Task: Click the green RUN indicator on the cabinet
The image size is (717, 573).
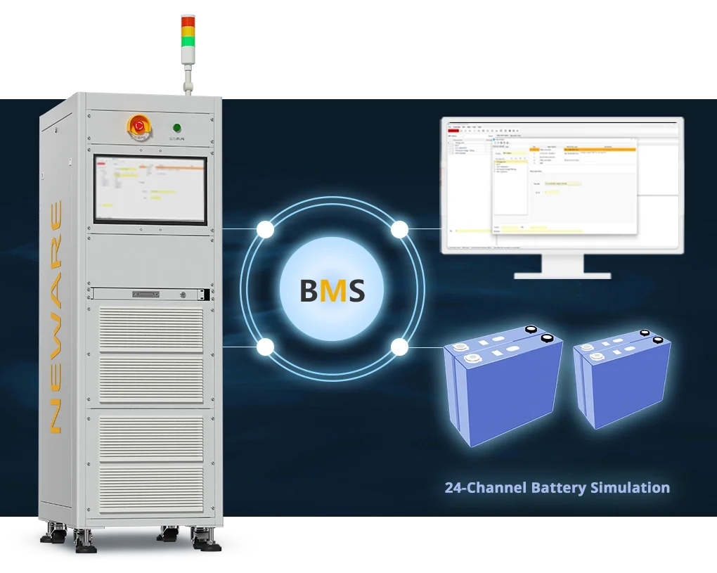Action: pos(176,128)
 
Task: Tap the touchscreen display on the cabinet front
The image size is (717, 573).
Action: pos(150,189)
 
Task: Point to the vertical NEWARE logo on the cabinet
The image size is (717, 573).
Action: pos(55,316)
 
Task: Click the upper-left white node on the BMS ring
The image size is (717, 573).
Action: pos(266,229)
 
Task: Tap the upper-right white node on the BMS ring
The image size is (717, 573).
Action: pos(399,229)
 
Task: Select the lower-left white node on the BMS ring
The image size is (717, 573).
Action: pos(266,347)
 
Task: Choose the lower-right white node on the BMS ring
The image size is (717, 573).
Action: pos(399,347)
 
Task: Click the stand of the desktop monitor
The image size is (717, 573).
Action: pos(562,266)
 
